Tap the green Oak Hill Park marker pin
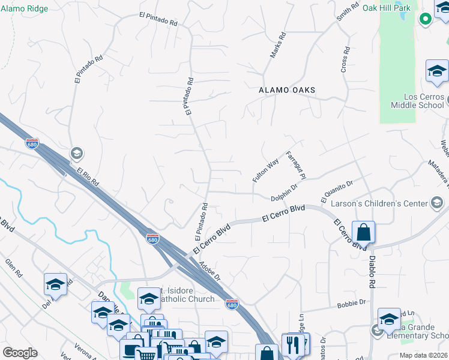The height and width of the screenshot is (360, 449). [425, 19]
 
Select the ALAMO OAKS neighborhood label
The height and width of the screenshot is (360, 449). [287, 90]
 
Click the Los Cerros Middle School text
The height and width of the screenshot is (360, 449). [417, 101]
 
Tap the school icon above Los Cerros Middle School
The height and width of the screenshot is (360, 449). [437, 71]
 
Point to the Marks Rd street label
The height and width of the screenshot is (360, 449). [278, 45]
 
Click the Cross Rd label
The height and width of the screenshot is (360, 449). [345, 60]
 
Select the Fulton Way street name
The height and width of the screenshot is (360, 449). [265, 169]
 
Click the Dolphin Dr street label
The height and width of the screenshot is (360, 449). [284, 191]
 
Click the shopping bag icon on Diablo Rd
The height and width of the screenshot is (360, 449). [364, 232]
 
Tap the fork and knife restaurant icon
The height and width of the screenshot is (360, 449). [294, 345]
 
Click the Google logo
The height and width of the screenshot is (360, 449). [20, 353]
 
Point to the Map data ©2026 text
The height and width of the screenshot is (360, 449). [423, 355]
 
